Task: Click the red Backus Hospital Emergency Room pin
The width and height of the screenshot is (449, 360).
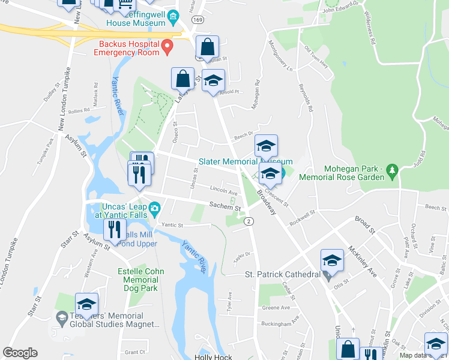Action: (x=169, y=46)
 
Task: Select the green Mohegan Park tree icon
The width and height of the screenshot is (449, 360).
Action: (x=393, y=170)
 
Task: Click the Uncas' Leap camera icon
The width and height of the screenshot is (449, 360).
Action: (x=155, y=209)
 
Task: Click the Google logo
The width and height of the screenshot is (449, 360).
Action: (x=20, y=353)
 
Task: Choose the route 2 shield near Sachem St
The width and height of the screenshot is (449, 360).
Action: (x=249, y=221)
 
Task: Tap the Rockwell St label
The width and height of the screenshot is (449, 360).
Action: (x=302, y=215)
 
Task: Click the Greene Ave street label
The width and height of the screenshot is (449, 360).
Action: (x=276, y=308)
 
